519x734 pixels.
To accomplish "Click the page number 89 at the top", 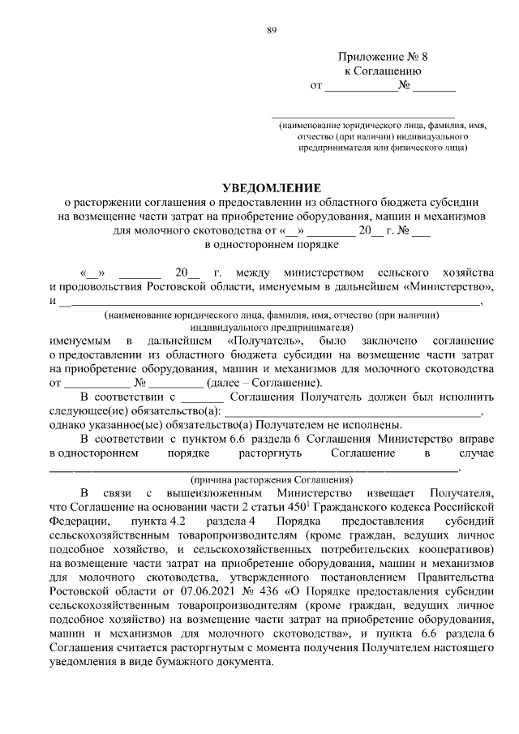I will (272, 31).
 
